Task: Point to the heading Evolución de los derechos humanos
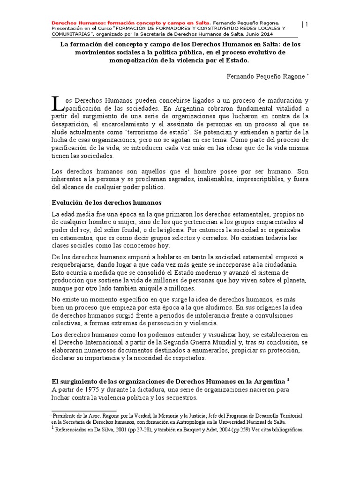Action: point(105,202)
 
